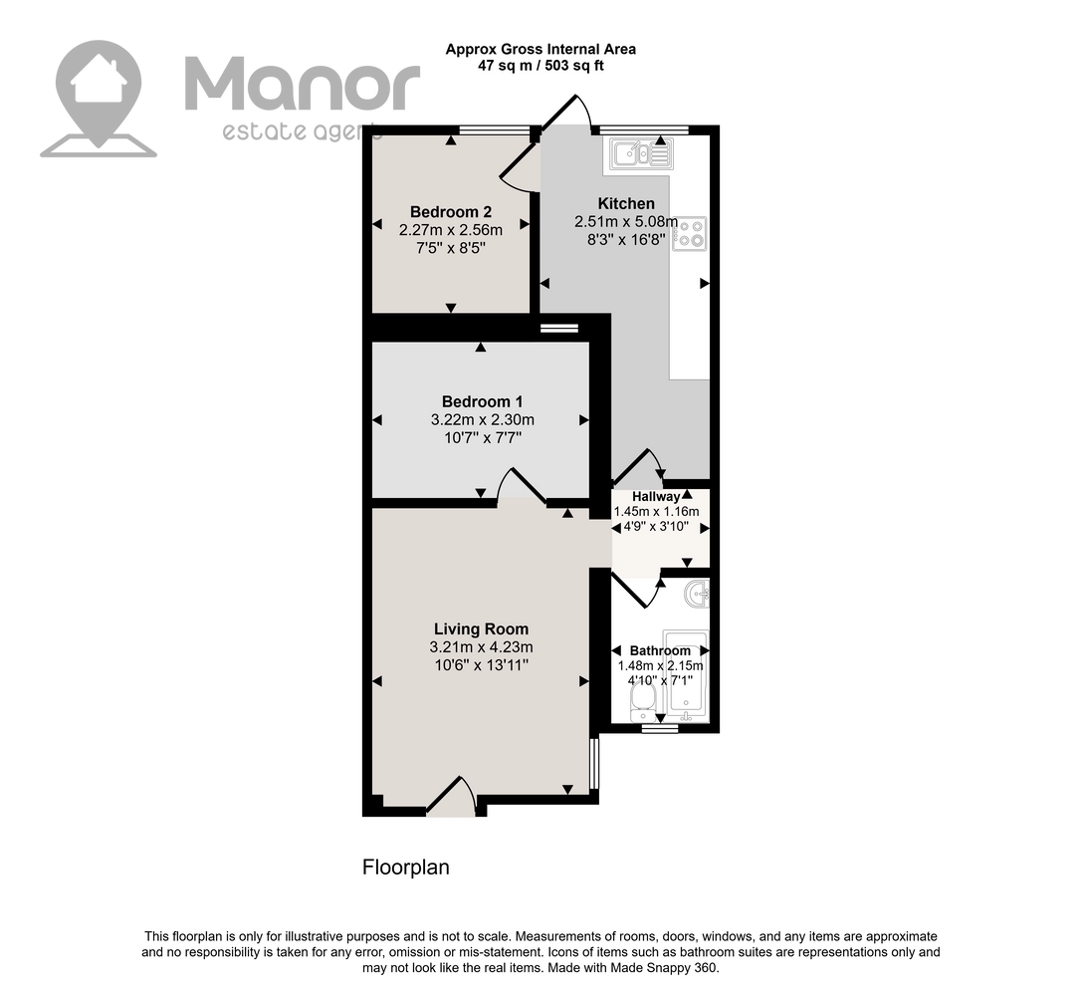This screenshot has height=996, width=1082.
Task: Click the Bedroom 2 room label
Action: (x=451, y=212)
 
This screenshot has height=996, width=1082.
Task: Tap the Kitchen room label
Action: (x=626, y=203)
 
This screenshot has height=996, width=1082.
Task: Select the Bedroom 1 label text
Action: (x=483, y=401)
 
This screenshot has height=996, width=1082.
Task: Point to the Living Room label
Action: (x=481, y=628)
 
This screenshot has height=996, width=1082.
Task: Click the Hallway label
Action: (x=656, y=496)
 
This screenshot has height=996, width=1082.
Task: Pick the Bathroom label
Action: (x=660, y=650)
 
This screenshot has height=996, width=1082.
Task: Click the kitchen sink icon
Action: (x=641, y=153)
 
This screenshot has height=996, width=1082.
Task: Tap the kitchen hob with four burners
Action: (x=690, y=233)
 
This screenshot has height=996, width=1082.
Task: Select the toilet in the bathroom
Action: (x=643, y=706)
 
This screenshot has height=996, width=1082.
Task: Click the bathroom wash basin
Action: (x=697, y=593)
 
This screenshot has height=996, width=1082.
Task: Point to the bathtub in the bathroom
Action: (x=685, y=675)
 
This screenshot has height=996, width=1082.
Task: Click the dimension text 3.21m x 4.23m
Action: (x=481, y=647)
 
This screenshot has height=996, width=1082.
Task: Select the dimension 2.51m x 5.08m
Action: (x=626, y=222)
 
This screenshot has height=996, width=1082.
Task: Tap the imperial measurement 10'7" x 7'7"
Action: (x=483, y=437)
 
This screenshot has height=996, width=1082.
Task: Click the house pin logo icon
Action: (x=99, y=99)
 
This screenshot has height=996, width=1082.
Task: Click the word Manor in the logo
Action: (x=303, y=84)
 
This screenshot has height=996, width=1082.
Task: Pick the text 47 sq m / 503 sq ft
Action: (x=541, y=67)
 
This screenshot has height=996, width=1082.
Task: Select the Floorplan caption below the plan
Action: (x=406, y=868)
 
